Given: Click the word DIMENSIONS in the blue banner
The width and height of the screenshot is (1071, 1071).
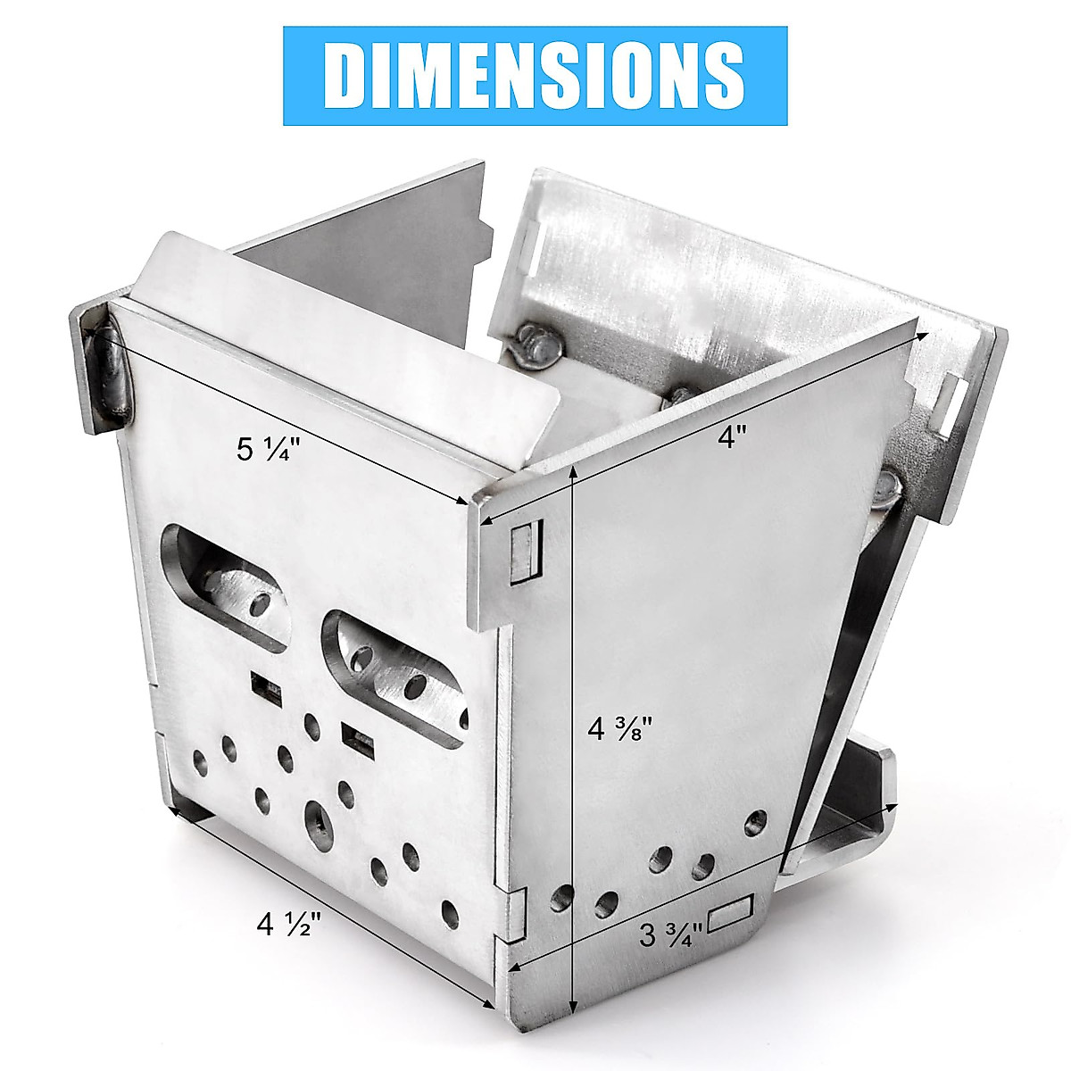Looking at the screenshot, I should [535, 76].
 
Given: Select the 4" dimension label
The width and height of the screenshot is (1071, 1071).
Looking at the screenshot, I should [731, 437].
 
